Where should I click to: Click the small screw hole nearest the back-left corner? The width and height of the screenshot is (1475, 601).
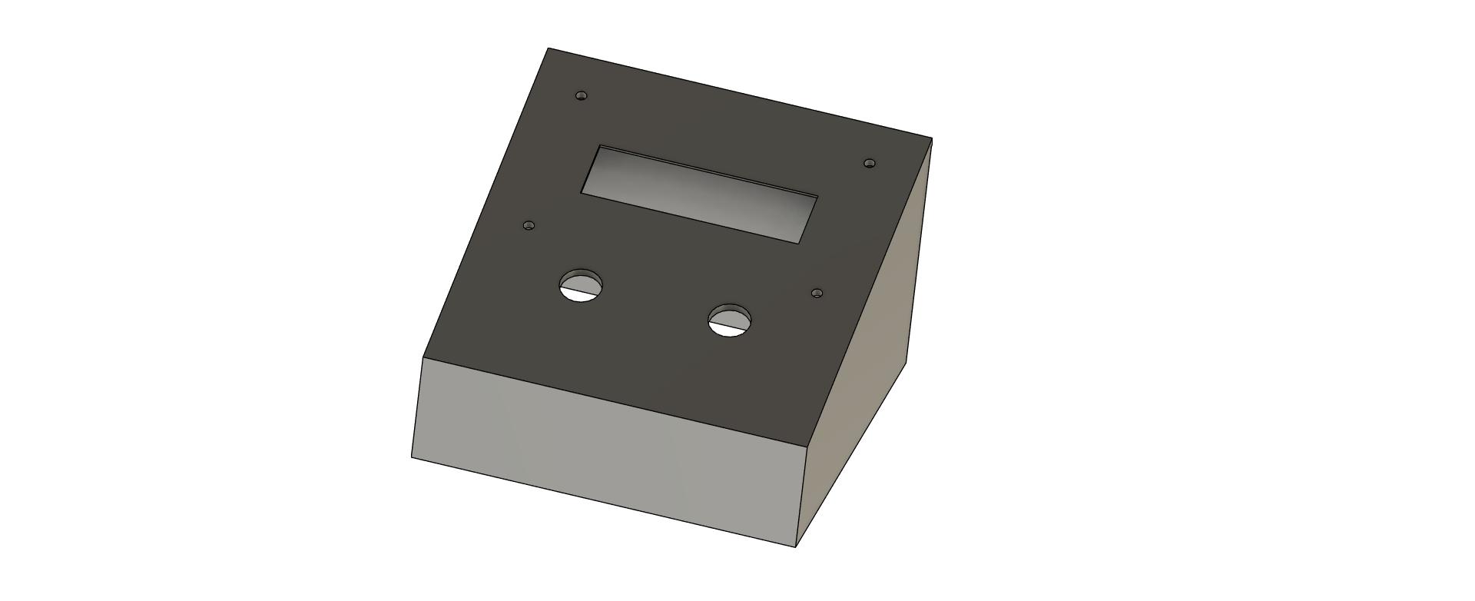(582, 96)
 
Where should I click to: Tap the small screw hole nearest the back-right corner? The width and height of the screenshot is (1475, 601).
(870, 163)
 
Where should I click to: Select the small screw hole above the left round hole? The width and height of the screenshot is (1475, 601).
(529, 226)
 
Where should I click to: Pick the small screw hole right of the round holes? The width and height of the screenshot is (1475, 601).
(817, 293)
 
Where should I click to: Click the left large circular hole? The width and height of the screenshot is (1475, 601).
(581, 286)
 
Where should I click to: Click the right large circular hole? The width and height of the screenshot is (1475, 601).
(730, 320)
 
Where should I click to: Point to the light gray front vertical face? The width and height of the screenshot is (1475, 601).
(607, 453)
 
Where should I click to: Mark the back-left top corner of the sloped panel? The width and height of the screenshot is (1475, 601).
(548, 48)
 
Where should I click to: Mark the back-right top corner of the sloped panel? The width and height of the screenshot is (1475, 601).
(932, 139)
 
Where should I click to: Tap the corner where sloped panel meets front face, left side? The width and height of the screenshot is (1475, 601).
(423, 357)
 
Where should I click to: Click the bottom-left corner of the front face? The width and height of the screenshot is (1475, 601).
(412, 458)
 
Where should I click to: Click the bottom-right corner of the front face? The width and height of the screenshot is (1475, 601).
(796, 547)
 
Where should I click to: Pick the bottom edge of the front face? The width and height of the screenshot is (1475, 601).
(603, 503)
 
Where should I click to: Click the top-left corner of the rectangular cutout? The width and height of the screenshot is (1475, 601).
(602, 146)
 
